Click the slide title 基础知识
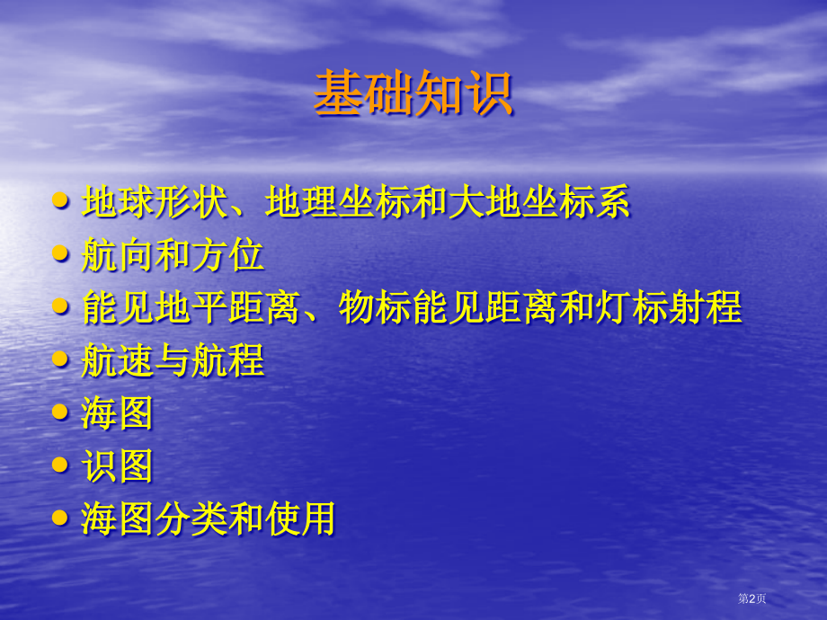tap(413, 93)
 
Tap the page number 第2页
tap(752, 599)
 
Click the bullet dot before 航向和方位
tap(61, 254)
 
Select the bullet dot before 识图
tap(61, 465)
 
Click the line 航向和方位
tap(173, 256)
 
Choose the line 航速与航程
tap(173, 361)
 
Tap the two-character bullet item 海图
tap(117, 413)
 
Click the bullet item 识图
tap(117, 466)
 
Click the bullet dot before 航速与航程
tap(61, 359)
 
